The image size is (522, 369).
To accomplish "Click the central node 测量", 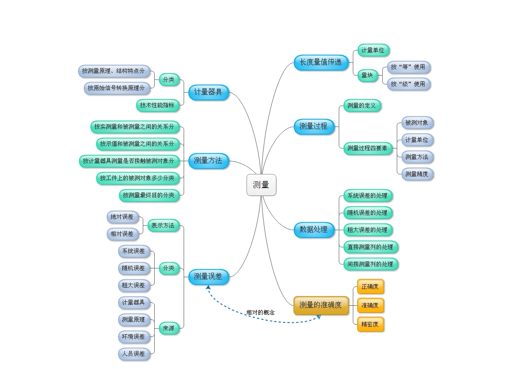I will (261, 185).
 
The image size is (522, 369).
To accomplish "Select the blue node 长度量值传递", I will (321, 62).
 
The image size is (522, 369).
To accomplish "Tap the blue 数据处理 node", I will (314, 229).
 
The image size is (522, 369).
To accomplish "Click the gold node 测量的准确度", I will (321, 305).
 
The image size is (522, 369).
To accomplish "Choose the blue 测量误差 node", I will (208, 277).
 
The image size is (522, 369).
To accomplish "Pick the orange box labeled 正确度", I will (370, 286).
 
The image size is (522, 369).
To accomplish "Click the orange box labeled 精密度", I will (370, 324).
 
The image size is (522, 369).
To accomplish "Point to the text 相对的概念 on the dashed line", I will (260, 312).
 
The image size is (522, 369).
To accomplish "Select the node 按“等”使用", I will (408, 67).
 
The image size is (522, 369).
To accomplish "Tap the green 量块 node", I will (367, 76).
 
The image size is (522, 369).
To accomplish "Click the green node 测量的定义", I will (362, 105).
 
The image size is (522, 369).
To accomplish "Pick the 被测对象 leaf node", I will (417, 123).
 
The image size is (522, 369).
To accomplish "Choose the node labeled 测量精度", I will (417, 174).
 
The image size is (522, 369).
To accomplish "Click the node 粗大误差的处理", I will (367, 230).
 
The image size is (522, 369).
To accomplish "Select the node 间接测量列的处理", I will (370, 264).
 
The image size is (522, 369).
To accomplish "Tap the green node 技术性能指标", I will (157, 105).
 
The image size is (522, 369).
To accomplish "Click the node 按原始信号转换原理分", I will (116, 88).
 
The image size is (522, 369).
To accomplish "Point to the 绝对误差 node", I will (122, 217).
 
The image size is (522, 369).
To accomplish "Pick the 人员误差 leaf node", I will (134, 354).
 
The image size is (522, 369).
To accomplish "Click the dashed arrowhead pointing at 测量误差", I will (208, 287).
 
